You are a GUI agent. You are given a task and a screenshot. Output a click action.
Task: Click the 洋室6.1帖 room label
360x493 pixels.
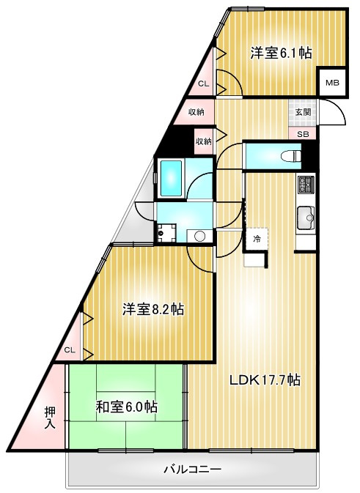(x=281, y=53)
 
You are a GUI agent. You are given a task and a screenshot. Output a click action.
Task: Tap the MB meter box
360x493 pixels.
(x=332, y=83)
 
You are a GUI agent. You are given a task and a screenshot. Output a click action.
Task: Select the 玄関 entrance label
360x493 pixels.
(x=303, y=112)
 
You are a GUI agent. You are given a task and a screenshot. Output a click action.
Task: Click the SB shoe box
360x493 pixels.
(x=303, y=134)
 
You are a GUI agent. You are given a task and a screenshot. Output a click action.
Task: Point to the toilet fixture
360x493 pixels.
(x=291, y=156)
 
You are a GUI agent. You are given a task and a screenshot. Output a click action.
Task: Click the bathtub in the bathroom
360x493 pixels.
(x=171, y=178)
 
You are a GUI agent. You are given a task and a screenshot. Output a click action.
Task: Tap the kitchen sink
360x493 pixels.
(x=306, y=218)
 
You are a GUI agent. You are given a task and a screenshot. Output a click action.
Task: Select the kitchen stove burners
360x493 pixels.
(x=306, y=184)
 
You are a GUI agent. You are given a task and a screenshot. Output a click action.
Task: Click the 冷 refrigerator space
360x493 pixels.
(x=257, y=239)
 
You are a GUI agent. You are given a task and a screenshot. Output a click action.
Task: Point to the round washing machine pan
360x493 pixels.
(x=199, y=236)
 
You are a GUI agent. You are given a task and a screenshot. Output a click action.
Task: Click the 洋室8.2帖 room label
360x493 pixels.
(x=153, y=309)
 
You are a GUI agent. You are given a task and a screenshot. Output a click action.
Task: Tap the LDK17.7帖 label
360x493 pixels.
(x=265, y=380)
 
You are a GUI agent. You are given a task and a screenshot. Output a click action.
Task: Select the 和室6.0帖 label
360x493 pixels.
(x=127, y=407)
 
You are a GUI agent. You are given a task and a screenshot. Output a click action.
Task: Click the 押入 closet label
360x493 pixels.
(x=50, y=418)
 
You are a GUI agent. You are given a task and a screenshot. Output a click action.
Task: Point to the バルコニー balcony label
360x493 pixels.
(x=192, y=470)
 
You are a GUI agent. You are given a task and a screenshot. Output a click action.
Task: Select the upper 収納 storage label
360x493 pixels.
(x=196, y=111)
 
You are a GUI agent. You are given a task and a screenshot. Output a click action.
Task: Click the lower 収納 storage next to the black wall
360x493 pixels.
(x=204, y=141)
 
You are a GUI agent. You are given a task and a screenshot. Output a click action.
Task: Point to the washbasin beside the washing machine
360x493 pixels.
(x=166, y=233)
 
